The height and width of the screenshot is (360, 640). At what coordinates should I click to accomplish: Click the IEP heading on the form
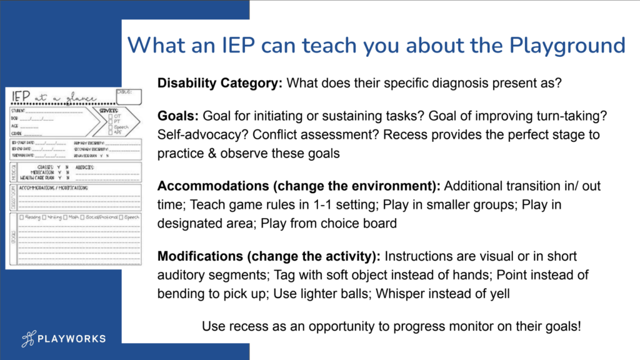pos(26,97)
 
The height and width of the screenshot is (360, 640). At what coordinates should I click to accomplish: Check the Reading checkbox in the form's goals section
pos(22,217)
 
